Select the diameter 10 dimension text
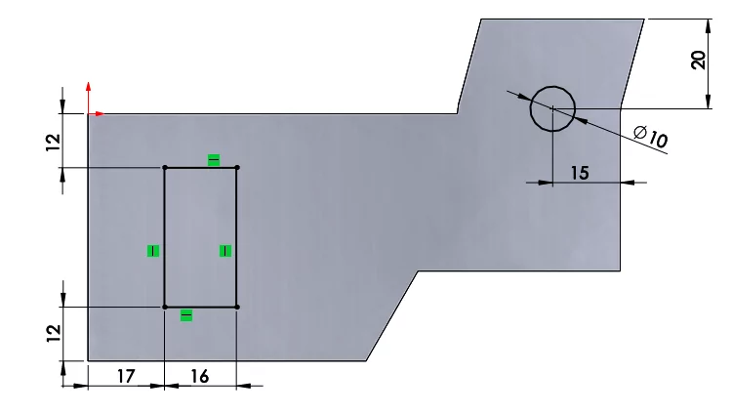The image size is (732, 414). [650, 137]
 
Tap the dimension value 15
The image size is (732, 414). [579, 173]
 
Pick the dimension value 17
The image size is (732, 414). [124, 374]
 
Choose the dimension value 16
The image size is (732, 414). [199, 374]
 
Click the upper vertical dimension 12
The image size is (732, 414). [53, 141]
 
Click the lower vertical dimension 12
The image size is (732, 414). [53, 333]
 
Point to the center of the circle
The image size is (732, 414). [552, 107]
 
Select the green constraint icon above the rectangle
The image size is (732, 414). [214, 159]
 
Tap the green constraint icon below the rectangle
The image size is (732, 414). [186, 315]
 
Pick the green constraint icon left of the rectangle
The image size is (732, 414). [152, 251]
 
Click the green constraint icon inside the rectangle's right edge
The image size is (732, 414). [225, 251]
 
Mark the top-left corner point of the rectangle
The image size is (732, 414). [164, 168]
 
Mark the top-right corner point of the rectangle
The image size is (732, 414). [237, 168]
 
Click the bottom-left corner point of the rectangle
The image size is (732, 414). [164, 307]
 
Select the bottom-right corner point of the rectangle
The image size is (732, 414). [237, 307]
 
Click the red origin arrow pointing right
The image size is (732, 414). [101, 114]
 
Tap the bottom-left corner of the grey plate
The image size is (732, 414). [89, 360]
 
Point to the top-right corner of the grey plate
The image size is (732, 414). [644, 19]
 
